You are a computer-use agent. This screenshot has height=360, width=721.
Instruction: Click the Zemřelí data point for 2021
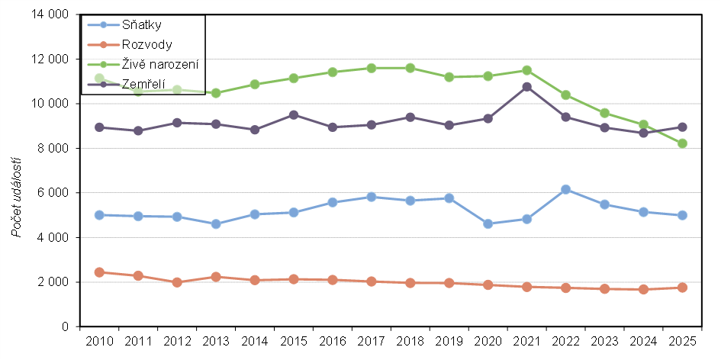click(526, 87)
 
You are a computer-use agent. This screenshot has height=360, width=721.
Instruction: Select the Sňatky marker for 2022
click(565, 189)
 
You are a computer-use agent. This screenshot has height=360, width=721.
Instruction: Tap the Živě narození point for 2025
click(682, 143)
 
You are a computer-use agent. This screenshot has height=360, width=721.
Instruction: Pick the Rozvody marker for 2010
click(99, 272)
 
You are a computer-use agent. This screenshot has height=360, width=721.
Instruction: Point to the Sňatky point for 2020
click(488, 223)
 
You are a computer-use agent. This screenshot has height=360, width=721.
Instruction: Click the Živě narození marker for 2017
click(372, 68)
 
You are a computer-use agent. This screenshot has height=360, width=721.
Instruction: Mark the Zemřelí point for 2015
click(294, 115)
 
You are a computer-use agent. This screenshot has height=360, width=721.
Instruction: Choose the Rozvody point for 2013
click(216, 277)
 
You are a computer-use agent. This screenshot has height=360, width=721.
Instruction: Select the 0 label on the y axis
click(66, 327)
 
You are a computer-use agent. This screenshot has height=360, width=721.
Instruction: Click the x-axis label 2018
click(410, 341)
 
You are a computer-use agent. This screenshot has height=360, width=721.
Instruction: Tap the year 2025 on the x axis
click(682, 341)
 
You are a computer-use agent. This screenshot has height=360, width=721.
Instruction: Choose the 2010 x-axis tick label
click(99, 341)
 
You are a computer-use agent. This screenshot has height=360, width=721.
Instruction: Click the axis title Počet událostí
click(17, 194)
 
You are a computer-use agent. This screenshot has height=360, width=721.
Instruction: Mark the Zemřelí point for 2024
click(643, 133)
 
